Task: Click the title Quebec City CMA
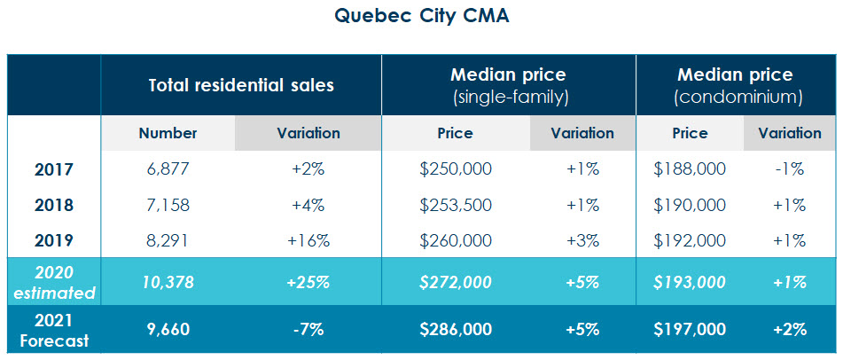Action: pyautogui.click(x=421, y=17)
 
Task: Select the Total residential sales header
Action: pyautogui.click(x=240, y=86)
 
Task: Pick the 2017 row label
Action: pyautogui.click(x=53, y=169)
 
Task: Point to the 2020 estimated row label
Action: pyautogui.click(x=53, y=282)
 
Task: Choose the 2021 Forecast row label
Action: pyautogui.click(x=53, y=329)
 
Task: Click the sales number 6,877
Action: pyautogui.click(x=168, y=169)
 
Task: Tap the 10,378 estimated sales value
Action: pyautogui.click(x=168, y=282)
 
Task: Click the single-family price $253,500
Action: pyautogui.click(x=455, y=205)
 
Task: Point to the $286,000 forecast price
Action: pyautogui.click(x=455, y=329)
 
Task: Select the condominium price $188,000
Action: pyautogui.click(x=690, y=169)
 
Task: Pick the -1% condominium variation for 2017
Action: pyautogui.click(x=788, y=169)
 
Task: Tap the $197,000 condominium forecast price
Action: pyautogui.click(x=690, y=329)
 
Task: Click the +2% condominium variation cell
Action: pyautogui.click(x=788, y=329)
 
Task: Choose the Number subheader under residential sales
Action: pyautogui.click(x=168, y=134)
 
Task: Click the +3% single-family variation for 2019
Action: pyautogui.click(x=582, y=240)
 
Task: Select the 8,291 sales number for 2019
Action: pyautogui.click(x=168, y=240)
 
